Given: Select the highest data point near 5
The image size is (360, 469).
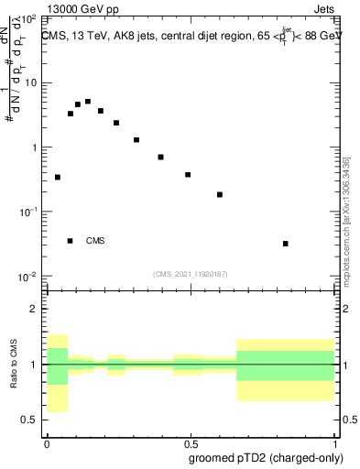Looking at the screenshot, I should coord(88,102).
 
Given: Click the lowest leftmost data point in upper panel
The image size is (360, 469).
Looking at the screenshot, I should coord(58,177).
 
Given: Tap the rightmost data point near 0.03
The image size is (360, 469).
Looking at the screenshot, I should coord(286,244).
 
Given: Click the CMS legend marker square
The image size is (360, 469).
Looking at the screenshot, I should coord(71,241).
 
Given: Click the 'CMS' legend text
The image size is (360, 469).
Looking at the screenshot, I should coord(95,241).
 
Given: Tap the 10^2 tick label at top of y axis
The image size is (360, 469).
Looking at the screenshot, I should coord(28,18).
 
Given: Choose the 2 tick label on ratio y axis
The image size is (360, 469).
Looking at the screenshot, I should coord(35,309).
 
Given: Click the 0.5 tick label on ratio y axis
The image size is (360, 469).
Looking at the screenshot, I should coord(30,420).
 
